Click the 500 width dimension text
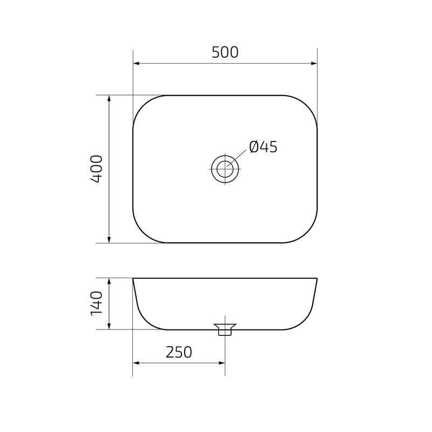(225, 52)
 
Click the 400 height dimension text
(96, 168)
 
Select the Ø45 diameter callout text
(263, 147)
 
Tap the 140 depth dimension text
(96, 303)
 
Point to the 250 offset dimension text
(179, 352)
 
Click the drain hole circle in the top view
(225, 169)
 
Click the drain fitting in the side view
(225, 329)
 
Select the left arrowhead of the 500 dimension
(137, 63)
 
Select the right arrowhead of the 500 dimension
(314, 63)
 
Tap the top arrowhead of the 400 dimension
(109, 99)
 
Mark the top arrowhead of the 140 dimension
(109, 281)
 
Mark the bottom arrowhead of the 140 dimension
(109, 326)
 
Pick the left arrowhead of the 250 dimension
(136, 363)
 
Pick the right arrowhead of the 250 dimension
(221, 363)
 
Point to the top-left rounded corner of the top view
(143, 105)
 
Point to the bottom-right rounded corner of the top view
(307, 233)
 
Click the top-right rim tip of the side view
(316, 279)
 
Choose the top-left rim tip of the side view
(133, 279)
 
